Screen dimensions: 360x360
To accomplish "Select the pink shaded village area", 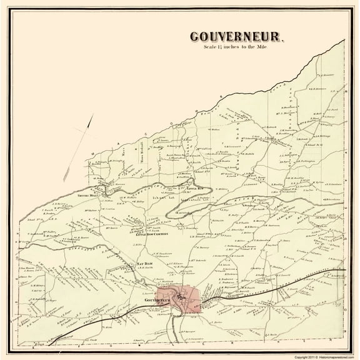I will (x=181, y=298).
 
